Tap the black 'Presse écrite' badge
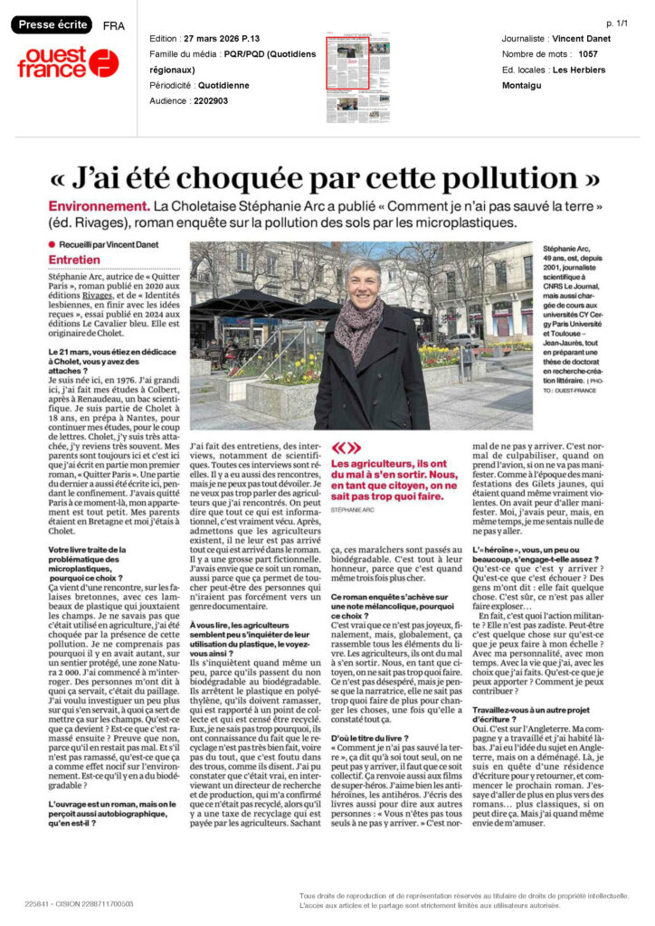point(52,25)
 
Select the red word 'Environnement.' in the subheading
point(99,206)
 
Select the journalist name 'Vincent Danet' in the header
point(582,39)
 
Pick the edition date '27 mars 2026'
point(217,39)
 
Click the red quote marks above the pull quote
point(346,447)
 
